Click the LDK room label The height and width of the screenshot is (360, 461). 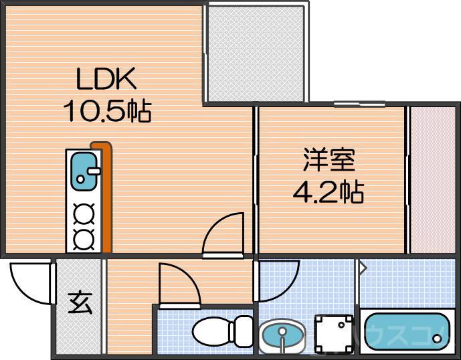(x=106, y=81)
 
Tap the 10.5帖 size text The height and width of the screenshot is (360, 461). (x=107, y=110)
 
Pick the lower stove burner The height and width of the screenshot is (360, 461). (x=83, y=238)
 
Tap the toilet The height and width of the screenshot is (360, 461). (x=221, y=330)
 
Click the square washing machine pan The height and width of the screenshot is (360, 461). (x=333, y=333)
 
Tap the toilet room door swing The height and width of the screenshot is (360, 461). (x=177, y=284)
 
